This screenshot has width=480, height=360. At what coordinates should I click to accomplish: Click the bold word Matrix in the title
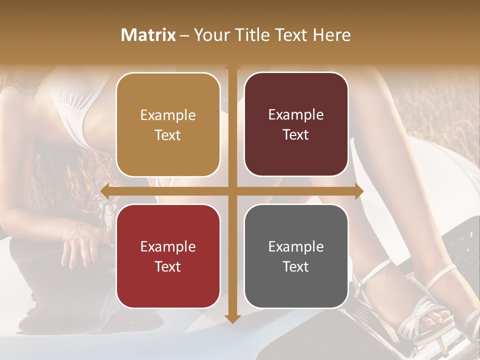(x=148, y=35)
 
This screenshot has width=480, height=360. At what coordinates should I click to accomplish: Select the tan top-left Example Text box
(x=168, y=124)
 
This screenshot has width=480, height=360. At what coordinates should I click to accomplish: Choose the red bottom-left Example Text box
(x=168, y=256)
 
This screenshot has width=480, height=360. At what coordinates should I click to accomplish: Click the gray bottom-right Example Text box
(x=296, y=256)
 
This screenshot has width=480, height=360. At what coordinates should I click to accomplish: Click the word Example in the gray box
(x=296, y=246)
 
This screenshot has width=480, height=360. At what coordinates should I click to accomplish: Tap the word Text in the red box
(x=168, y=266)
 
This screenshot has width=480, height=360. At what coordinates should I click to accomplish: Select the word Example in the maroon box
(x=296, y=114)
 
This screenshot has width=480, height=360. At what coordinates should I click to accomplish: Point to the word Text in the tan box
(x=168, y=135)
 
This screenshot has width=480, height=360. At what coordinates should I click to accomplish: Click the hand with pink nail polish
(x=80, y=245)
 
